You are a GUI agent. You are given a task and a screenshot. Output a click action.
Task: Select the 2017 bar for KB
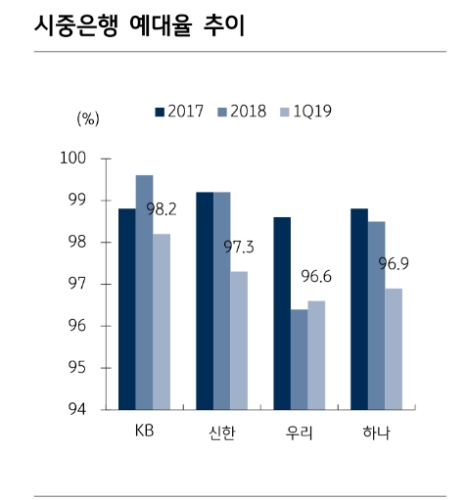coord(127,308)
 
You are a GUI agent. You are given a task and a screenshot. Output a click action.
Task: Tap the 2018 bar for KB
coord(144,292)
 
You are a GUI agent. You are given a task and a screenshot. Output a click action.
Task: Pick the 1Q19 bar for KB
coord(162,321)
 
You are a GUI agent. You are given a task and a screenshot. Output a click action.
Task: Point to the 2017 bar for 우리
coord(282,313)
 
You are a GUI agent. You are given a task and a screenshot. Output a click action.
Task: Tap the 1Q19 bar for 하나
coord(393,348)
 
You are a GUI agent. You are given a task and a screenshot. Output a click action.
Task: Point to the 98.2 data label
coord(162,209)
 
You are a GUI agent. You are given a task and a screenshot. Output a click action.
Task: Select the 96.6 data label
coord(316,277)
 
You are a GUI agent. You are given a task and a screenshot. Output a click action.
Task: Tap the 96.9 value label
coord(394,264)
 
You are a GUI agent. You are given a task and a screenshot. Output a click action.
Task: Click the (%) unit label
coord(88,119)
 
